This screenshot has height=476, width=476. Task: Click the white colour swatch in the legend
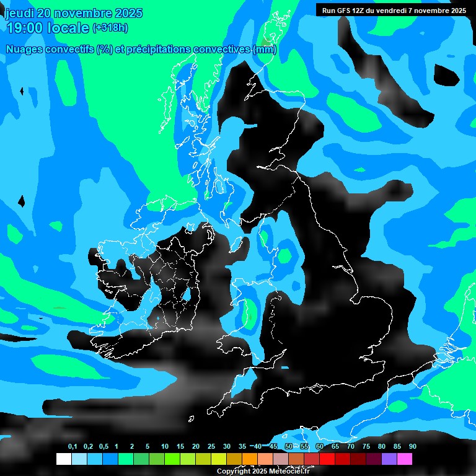63,459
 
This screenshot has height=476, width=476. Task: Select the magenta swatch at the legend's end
404,459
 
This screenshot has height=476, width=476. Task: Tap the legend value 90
412,446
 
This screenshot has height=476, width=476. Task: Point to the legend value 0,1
73,446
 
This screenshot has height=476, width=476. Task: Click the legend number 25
211,446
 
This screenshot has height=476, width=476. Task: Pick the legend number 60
319,446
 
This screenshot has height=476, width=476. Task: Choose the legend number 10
164,446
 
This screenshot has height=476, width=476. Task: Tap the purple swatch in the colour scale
389,459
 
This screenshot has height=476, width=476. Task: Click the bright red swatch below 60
327,459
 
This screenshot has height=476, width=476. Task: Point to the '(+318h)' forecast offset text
110,28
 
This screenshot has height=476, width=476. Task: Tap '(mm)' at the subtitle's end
265,50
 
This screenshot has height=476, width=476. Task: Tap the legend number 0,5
104,446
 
